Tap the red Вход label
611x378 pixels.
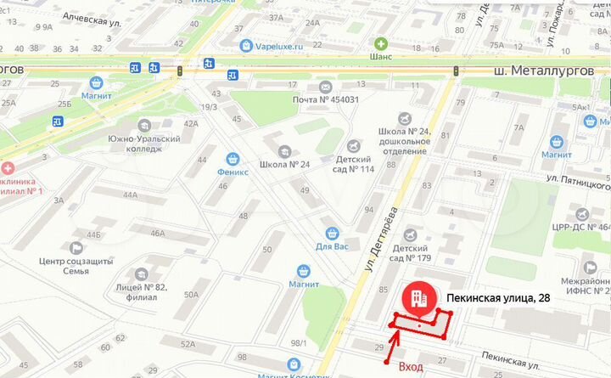(411, 365)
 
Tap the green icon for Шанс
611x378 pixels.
(382, 42)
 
